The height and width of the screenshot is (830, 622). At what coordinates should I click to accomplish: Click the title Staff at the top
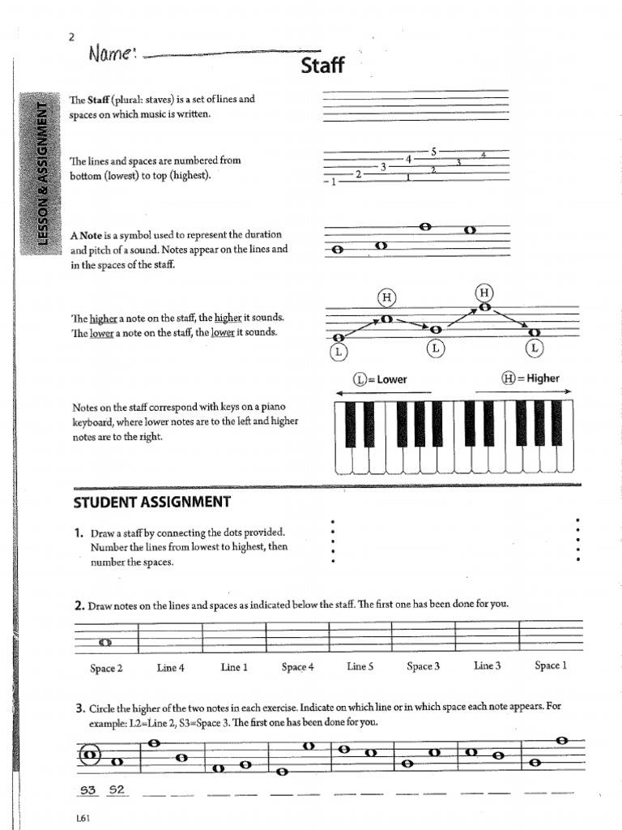tap(322, 66)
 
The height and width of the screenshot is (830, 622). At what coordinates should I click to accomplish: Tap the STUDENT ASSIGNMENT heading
tap(151, 502)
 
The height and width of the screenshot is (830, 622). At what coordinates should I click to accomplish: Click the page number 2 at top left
tap(72, 36)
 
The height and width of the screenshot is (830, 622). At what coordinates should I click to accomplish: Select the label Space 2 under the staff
tap(106, 668)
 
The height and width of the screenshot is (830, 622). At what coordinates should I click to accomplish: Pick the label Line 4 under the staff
tap(171, 668)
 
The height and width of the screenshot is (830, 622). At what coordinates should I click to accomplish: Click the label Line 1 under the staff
tap(234, 667)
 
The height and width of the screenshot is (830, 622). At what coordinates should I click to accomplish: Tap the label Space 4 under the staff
tap(297, 667)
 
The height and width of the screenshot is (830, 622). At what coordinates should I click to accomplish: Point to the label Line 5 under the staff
tap(360, 666)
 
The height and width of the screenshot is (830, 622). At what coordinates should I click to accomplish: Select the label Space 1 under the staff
tap(551, 665)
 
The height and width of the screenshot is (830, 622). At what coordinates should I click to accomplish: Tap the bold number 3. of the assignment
tap(79, 707)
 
